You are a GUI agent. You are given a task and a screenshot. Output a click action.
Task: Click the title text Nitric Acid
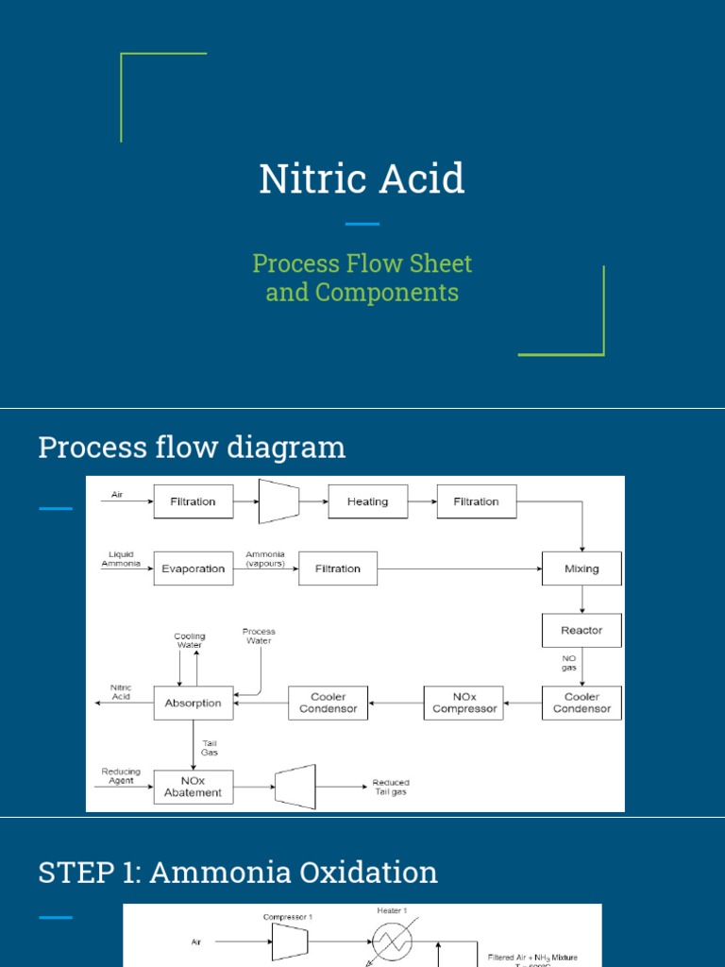[x=362, y=178]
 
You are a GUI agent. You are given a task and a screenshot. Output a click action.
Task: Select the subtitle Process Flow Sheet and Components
[x=362, y=278]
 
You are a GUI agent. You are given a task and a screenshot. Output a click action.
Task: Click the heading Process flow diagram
[x=192, y=447]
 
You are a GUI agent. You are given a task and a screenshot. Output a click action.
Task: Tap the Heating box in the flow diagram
[x=367, y=502]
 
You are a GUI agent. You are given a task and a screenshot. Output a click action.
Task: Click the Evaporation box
[x=193, y=569]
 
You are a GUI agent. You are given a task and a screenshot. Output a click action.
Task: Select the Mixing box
[x=582, y=569]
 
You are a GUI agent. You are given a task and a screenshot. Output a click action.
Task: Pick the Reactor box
[x=582, y=631]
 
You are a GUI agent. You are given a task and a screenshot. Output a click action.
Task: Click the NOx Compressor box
[x=464, y=704]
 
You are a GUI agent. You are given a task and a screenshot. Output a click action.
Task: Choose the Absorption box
[x=193, y=704]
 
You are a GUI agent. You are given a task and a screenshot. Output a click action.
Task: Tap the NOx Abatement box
[x=193, y=787]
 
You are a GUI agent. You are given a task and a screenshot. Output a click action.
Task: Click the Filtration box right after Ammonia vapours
[x=338, y=569]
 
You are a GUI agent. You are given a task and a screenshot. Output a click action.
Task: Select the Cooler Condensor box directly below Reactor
[x=582, y=704]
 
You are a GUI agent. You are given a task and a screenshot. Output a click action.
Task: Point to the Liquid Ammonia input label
[x=121, y=559]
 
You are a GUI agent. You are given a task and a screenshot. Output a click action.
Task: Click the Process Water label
[x=258, y=636]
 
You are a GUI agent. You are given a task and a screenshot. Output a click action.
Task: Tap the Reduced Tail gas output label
[x=391, y=787]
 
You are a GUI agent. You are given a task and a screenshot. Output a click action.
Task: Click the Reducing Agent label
[x=121, y=776]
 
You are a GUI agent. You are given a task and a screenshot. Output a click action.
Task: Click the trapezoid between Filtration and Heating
[x=278, y=501]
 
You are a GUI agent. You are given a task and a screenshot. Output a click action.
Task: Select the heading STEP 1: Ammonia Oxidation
[x=238, y=872]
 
